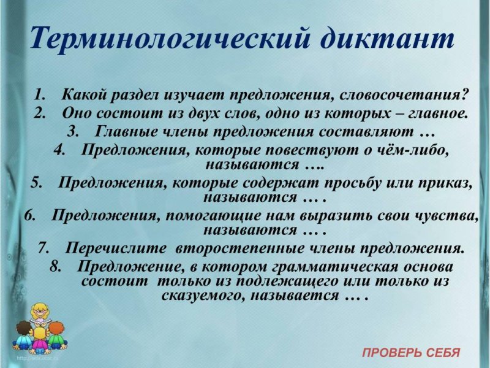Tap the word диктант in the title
pos(388,39)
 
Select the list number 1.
pos(40,96)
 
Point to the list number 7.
pos(43,248)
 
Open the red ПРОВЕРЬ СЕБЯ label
pos(410,353)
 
